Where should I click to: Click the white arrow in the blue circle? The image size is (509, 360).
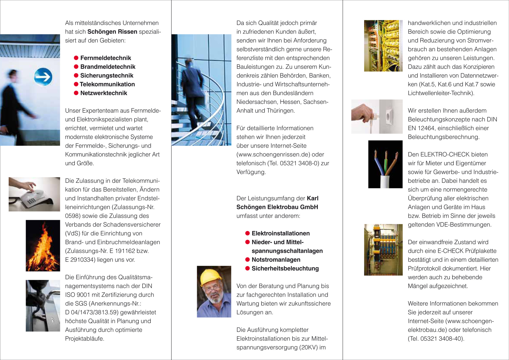click(43, 77)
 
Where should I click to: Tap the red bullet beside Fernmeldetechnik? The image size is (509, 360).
click(76, 58)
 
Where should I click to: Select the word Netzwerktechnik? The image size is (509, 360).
click(103, 93)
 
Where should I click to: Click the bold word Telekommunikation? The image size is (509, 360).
click(107, 84)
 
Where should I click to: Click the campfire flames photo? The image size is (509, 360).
click(43, 246)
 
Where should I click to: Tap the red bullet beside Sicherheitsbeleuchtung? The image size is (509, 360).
click(247, 268)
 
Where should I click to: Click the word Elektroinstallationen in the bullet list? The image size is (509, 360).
click(281, 233)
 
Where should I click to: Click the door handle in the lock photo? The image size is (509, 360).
click(48, 297)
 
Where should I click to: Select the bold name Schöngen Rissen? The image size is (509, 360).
click(112, 32)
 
